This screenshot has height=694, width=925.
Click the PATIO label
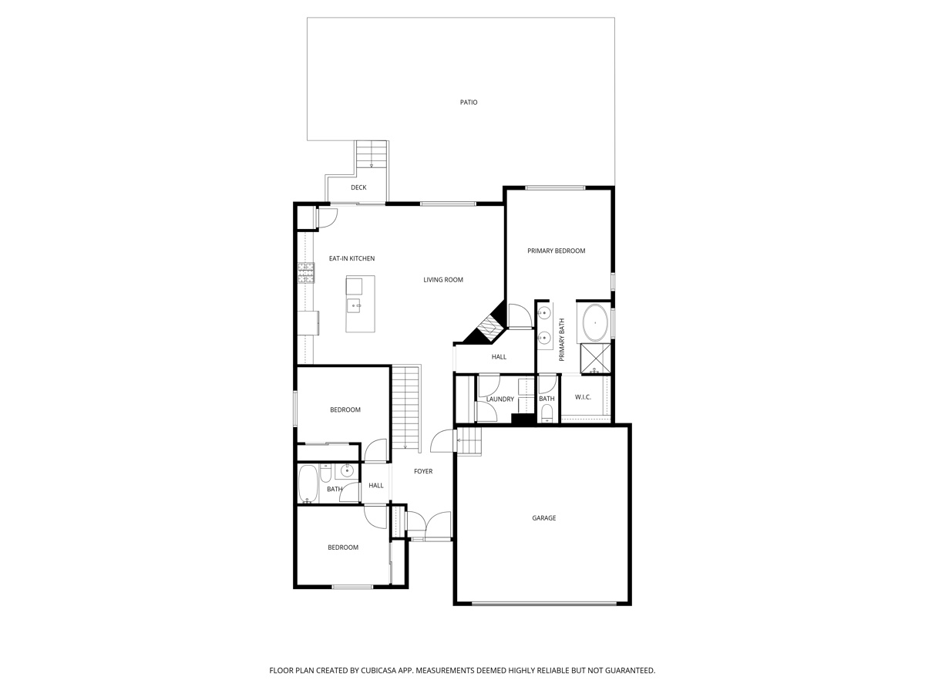[x=469, y=102]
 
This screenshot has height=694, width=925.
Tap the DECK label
[x=358, y=187]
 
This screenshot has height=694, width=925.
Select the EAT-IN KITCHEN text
[x=351, y=258]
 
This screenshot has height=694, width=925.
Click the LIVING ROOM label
[x=443, y=280]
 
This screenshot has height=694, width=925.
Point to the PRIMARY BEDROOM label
[x=556, y=251]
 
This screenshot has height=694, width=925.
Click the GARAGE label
[x=543, y=518]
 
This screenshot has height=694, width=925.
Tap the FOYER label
[x=423, y=471]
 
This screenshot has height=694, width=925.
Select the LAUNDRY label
[x=500, y=399]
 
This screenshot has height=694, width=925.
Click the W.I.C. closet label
[x=583, y=397]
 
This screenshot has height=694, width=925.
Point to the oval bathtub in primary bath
[x=595, y=323]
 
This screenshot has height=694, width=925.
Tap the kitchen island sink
[x=355, y=306]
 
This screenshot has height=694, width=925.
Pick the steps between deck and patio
[x=371, y=154]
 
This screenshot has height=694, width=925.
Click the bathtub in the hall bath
[x=308, y=484]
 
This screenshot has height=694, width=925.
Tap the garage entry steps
[x=469, y=442]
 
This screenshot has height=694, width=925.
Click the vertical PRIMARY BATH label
[x=562, y=340]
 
